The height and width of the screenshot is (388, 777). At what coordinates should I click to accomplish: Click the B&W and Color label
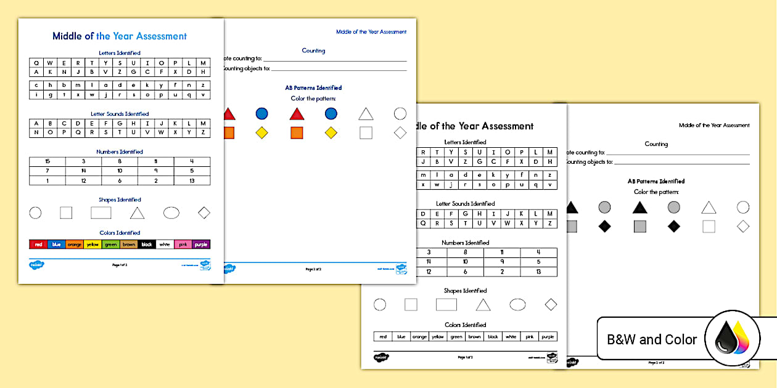point(652,339)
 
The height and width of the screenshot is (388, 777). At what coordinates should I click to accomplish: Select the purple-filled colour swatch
point(201,245)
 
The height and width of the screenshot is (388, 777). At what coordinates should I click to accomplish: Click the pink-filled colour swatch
point(183,245)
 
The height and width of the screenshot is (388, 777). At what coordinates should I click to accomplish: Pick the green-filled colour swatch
point(111,245)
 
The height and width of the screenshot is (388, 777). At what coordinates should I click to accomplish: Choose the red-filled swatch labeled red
point(38,245)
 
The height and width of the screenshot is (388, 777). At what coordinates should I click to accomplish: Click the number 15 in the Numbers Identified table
point(47,161)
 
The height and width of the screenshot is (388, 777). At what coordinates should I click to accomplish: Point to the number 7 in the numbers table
point(47,171)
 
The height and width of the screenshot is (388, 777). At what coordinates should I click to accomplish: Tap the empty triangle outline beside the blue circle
point(366,114)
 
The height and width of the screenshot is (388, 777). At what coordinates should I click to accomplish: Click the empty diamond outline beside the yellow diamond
point(400,132)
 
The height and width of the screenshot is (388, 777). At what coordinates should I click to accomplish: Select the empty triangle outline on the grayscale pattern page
point(709,208)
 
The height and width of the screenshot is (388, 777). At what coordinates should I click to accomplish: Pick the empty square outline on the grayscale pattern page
point(709,226)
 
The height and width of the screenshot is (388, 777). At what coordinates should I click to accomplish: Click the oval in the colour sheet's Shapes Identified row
point(171,213)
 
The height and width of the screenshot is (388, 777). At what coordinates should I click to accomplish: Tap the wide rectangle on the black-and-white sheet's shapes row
point(446,304)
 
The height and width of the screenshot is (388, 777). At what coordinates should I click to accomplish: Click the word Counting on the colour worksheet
point(313,51)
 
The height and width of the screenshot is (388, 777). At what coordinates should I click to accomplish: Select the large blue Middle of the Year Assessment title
point(120,36)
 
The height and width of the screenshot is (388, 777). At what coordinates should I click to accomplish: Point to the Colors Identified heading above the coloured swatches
point(120,233)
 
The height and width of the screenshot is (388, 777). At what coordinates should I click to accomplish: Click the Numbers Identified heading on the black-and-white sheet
point(466,243)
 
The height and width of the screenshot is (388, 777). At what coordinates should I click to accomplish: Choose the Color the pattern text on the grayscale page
point(656,192)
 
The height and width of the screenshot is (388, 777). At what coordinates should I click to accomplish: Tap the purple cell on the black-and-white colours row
point(548,337)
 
